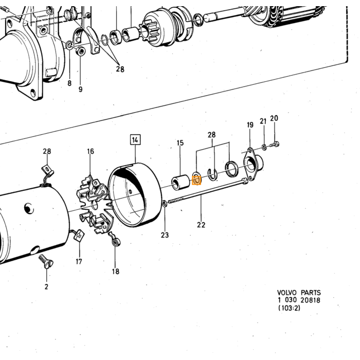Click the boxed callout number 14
point(135,140)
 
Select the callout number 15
point(180,143)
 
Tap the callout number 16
point(91,151)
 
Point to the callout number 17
point(79,261)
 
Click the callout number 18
point(116,272)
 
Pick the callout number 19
point(250,125)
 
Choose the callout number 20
point(274,118)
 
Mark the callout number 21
point(263,121)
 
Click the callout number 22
point(201,225)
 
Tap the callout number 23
point(165,235)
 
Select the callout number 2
point(46,287)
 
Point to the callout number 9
point(80,89)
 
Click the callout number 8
point(69,83)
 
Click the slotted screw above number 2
point(46,262)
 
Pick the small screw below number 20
point(275,145)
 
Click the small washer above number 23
point(165,204)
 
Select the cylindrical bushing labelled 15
point(181,183)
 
